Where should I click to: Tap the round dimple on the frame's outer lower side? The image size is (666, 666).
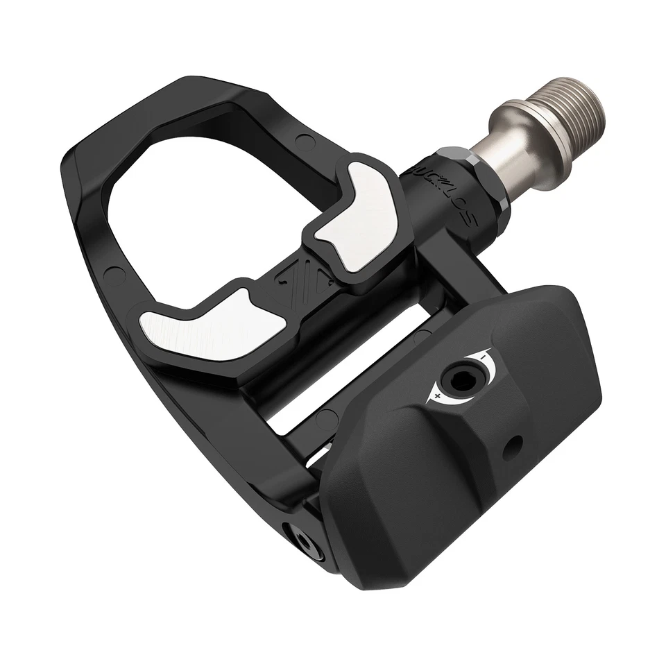110,272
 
